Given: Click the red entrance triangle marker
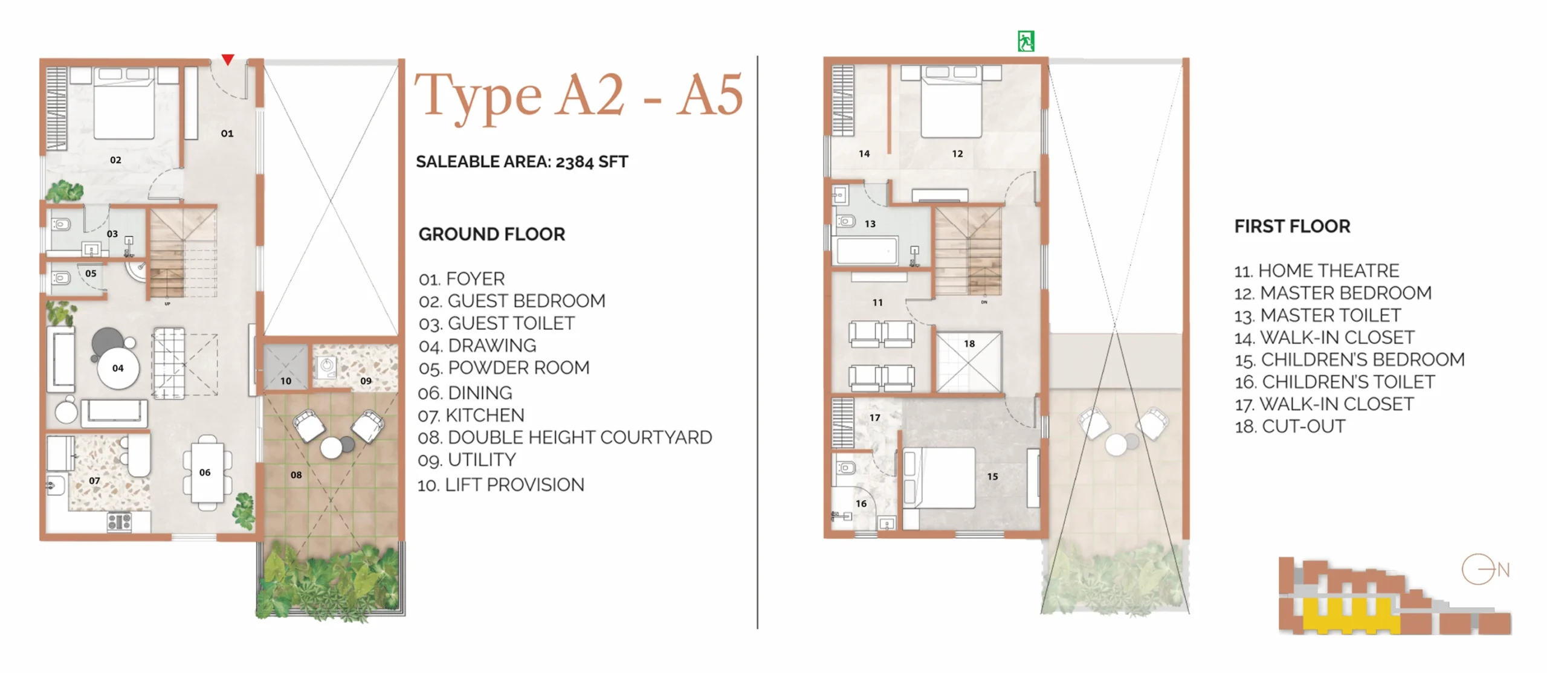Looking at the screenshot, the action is tap(227, 59).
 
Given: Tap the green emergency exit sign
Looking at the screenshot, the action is tap(1025, 41).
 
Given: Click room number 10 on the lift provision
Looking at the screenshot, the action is tap(285, 381).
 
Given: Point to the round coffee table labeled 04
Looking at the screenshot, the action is tap(118, 367).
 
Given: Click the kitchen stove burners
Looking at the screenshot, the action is tap(119, 522).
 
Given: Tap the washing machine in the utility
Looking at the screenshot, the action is tap(326, 366).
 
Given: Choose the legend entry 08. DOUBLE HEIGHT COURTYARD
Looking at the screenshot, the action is tap(564, 437).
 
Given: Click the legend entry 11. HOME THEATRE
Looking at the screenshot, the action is tap(1317, 271).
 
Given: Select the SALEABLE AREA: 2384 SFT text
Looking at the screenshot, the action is tap(522, 162).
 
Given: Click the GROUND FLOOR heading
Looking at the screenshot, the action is tap(492, 234).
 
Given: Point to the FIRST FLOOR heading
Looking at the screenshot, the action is tap(1292, 226).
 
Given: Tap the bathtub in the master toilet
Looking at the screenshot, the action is tap(866, 251).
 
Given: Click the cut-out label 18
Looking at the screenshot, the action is tap(969, 344).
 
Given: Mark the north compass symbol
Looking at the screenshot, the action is tap(1485, 569).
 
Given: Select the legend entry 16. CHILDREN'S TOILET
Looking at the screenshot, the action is tap(1334, 382).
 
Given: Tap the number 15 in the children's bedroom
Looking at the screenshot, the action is tap(992, 477).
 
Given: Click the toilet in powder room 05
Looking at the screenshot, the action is tap(61, 279).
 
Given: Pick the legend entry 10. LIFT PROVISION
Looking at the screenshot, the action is tap(501, 485).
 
